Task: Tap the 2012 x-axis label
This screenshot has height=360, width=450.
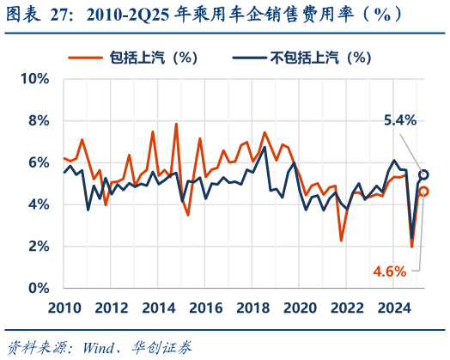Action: pyautogui.click(x=112, y=308)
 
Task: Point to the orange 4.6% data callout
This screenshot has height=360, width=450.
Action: pyautogui.click(x=390, y=272)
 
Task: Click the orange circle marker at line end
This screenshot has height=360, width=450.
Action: pyautogui.click(x=423, y=192)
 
